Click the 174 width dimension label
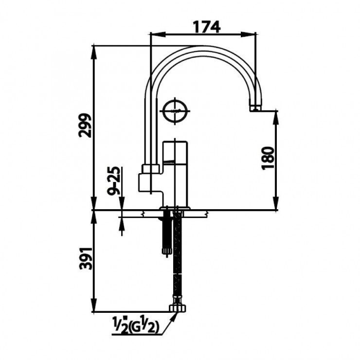coord(207,27)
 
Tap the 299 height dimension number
coord(85,126)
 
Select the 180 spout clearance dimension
coord(268,158)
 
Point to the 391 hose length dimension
coord(86,258)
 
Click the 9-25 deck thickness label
coord(114,181)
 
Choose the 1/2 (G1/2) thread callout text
coord(135,324)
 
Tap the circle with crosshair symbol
coord(176,111)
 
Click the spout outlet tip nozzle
coord(255,108)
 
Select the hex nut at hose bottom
coord(178,308)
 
